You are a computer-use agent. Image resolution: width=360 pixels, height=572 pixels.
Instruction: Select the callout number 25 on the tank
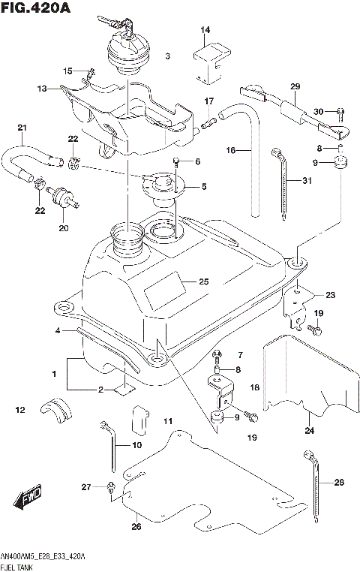tap(203, 282)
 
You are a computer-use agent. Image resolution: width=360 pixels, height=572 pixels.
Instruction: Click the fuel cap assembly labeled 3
tap(128, 53)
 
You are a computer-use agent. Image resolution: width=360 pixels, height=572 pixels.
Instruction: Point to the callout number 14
tap(205, 30)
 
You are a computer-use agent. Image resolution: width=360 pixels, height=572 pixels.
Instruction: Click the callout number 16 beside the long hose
tap(232, 151)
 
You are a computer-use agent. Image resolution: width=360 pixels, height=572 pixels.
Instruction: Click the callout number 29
tap(295, 87)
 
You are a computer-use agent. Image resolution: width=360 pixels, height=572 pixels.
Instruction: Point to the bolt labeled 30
tap(340, 112)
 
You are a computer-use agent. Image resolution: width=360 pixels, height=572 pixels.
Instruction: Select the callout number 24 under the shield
tap(309, 430)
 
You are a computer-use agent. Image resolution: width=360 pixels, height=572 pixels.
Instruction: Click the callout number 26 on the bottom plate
tap(136, 526)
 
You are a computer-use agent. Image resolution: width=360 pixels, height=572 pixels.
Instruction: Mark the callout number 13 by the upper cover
tap(42, 89)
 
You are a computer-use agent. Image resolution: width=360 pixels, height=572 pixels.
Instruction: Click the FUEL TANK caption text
tap(22, 566)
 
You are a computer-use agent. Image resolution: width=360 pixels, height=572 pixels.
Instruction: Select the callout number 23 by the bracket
tap(331, 295)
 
